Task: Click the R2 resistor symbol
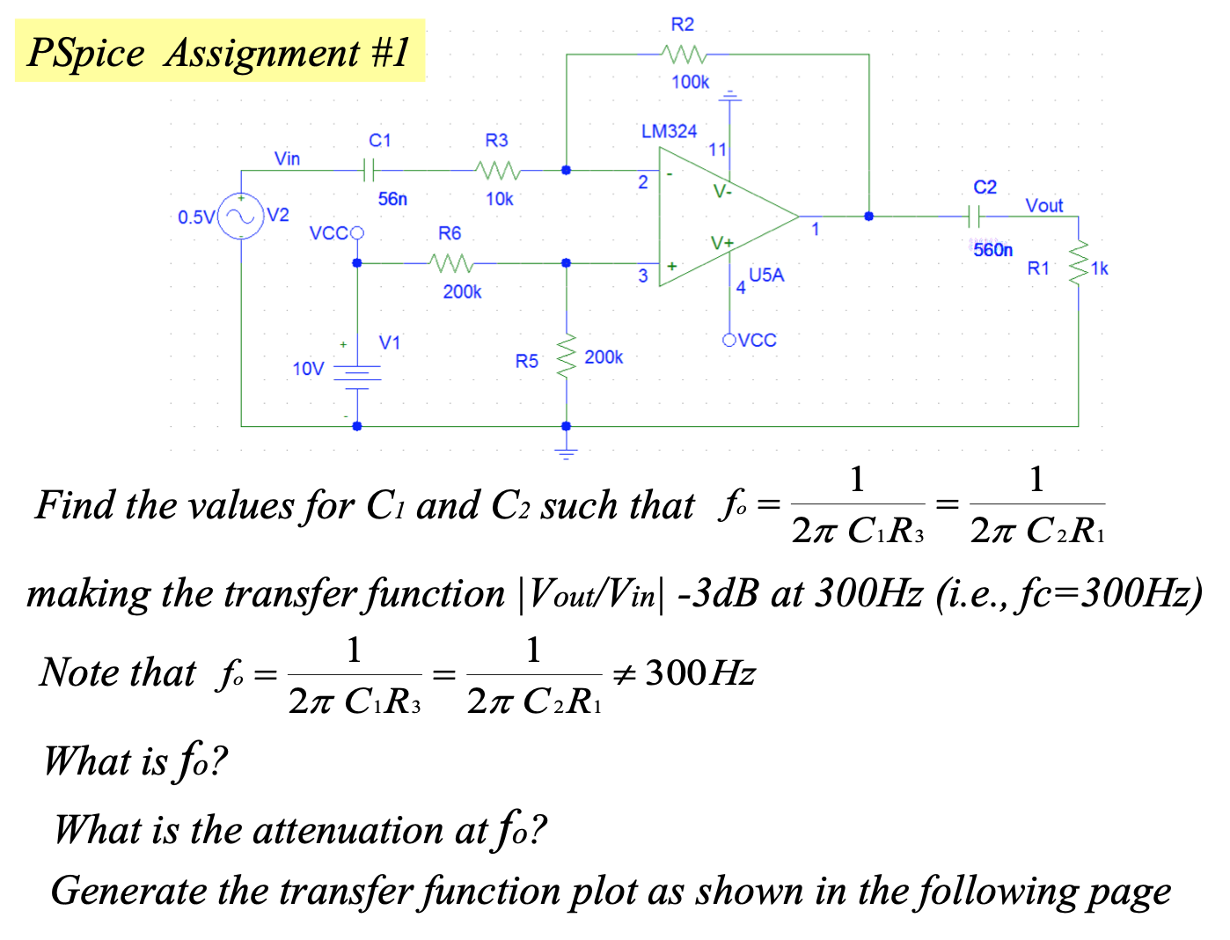click(x=684, y=55)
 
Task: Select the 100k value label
click(x=690, y=82)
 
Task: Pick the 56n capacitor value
click(x=392, y=199)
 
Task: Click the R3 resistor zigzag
click(x=497, y=169)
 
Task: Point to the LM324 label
click(x=669, y=131)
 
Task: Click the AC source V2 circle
click(x=241, y=217)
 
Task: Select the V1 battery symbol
click(x=357, y=376)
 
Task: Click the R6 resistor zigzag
click(x=451, y=262)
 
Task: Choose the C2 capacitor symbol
click(x=974, y=215)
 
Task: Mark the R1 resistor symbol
click(x=1078, y=262)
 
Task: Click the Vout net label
click(x=1044, y=206)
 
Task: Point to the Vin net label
click(x=287, y=158)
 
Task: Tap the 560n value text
click(x=992, y=250)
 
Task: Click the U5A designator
click(x=766, y=275)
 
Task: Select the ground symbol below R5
click(x=566, y=452)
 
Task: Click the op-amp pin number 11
click(x=717, y=150)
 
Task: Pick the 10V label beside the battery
click(x=308, y=369)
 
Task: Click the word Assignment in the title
click(x=262, y=53)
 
